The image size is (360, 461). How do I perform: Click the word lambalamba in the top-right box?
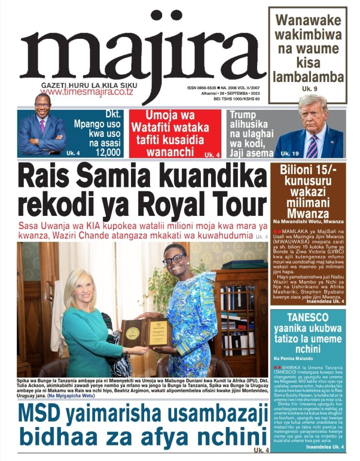click(x=308, y=77)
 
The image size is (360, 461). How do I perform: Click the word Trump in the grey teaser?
click(x=243, y=115)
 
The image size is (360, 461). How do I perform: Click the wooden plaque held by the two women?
click(x=146, y=332)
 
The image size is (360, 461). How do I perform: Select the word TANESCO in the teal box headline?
click(x=309, y=318)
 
